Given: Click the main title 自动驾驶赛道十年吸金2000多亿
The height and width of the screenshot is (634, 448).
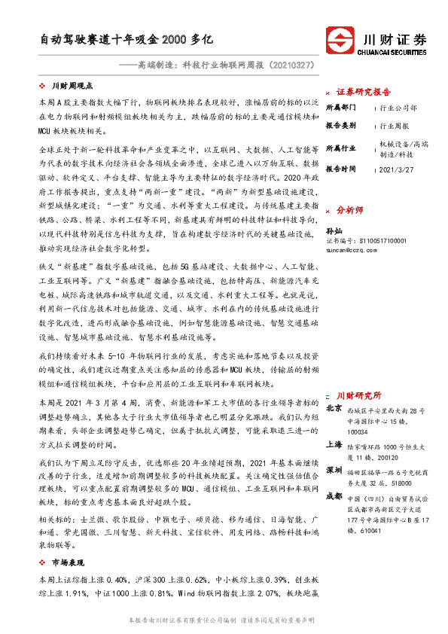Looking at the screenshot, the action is click(128, 38).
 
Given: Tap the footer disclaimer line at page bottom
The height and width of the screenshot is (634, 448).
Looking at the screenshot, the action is click(224, 619).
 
